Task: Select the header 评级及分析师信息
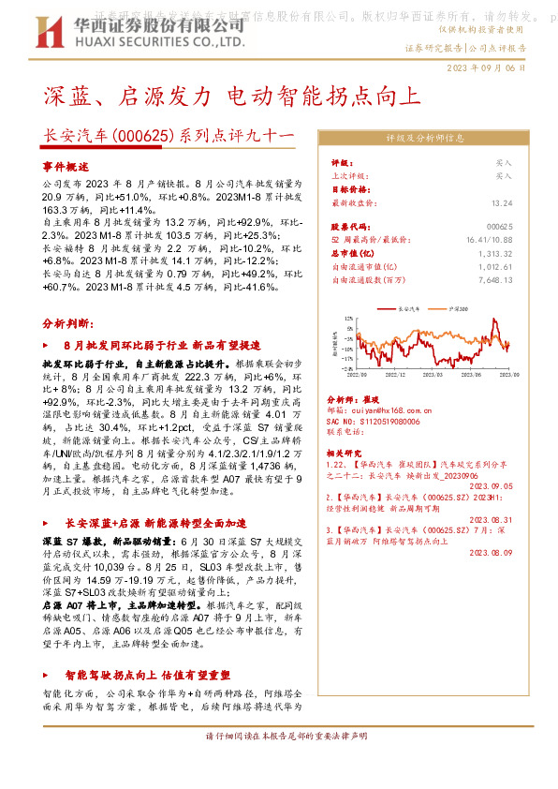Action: click(x=425, y=138)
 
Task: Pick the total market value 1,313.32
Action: click(x=496, y=253)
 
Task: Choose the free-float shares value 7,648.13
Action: click(x=496, y=279)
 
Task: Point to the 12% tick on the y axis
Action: click(x=346, y=318)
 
